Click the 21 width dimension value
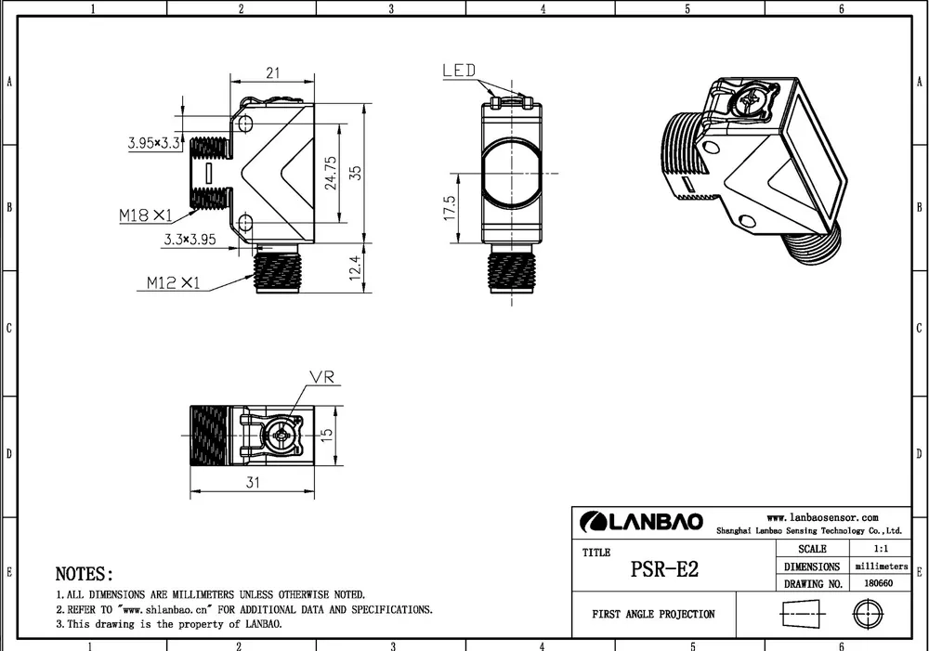coord(273,73)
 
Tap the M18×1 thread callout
coord(146,215)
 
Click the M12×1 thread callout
coord(173,282)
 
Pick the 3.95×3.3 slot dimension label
coord(154,143)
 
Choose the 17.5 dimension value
coord(451,208)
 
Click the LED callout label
coord(459,71)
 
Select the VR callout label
coord(322,378)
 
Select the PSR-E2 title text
coord(664,569)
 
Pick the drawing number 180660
coord(878,584)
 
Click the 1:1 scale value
coord(878,549)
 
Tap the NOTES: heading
coord(85,575)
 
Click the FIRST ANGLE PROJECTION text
coord(654,615)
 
